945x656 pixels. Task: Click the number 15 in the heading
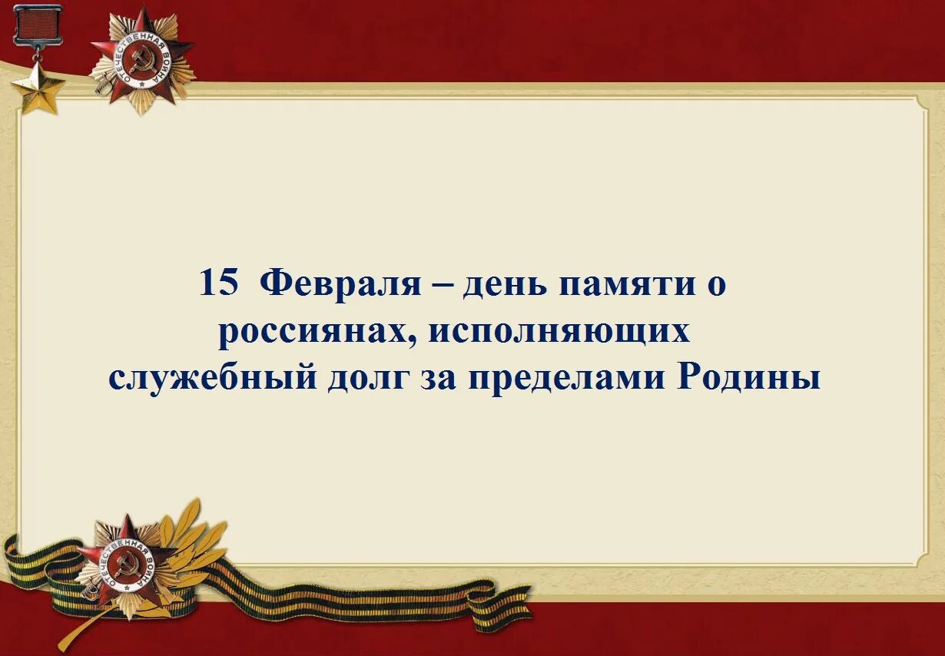tap(219, 283)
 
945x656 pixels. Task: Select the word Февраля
tap(340, 284)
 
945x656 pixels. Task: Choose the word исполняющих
tap(559, 333)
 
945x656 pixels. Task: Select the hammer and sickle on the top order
tap(142, 61)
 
